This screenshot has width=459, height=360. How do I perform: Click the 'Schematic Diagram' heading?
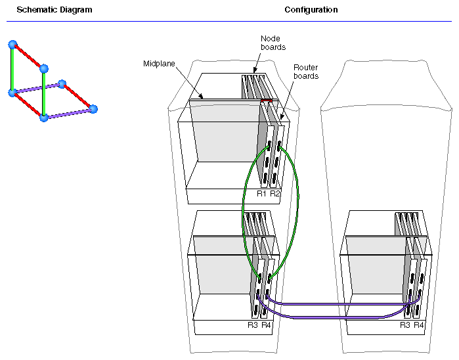click(54, 11)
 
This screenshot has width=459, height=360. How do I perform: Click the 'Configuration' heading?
click(311, 11)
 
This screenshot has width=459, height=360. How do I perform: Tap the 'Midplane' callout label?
click(157, 64)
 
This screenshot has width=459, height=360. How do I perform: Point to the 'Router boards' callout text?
click(305, 72)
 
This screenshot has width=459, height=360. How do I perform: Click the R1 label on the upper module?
click(261, 194)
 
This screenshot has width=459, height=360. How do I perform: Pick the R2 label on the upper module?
click(275, 194)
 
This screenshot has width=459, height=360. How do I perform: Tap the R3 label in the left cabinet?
click(253, 325)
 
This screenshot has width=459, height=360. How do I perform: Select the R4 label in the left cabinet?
click(266, 325)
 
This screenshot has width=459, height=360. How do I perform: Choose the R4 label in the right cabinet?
click(420, 325)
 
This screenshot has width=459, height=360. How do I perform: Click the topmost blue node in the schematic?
click(12, 45)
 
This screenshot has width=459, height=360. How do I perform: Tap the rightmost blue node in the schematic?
click(93, 108)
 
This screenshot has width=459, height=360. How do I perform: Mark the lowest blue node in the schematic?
click(44, 118)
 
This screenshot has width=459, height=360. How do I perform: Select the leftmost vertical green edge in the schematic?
click(12, 69)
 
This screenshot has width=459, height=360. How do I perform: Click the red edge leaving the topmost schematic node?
click(28, 56)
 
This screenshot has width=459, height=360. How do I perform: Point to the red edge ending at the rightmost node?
click(77, 96)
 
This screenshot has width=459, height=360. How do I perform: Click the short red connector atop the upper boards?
click(266, 101)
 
